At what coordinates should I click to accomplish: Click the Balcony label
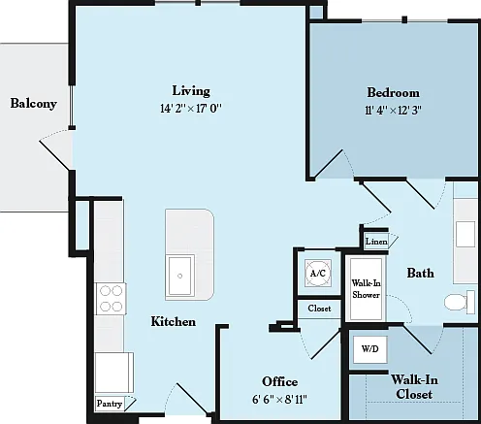(34, 104)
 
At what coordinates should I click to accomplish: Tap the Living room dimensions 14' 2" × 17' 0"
(191, 109)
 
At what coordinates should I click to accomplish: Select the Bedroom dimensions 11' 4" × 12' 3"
(393, 111)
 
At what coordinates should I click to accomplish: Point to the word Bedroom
(394, 93)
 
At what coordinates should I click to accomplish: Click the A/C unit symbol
(318, 274)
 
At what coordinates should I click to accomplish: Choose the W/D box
(370, 349)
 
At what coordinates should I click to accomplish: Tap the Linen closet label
(376, 242)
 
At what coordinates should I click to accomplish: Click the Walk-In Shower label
(367, 289)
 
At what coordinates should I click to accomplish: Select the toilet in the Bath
(460, 302)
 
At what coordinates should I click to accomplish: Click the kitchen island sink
(179, 276)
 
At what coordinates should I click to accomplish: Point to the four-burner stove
(111, 299)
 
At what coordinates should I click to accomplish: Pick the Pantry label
(110, 404)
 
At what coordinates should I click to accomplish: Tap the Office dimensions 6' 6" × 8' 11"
(279, 400)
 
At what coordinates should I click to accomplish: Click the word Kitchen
(174, 321)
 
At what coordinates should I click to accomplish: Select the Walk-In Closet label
(414, 387)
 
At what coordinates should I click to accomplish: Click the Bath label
(420, 273)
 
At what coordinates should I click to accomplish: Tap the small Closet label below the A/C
(319, 309)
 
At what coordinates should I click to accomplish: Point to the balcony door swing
(55, 149)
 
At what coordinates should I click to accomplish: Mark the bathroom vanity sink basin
(465, 234)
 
